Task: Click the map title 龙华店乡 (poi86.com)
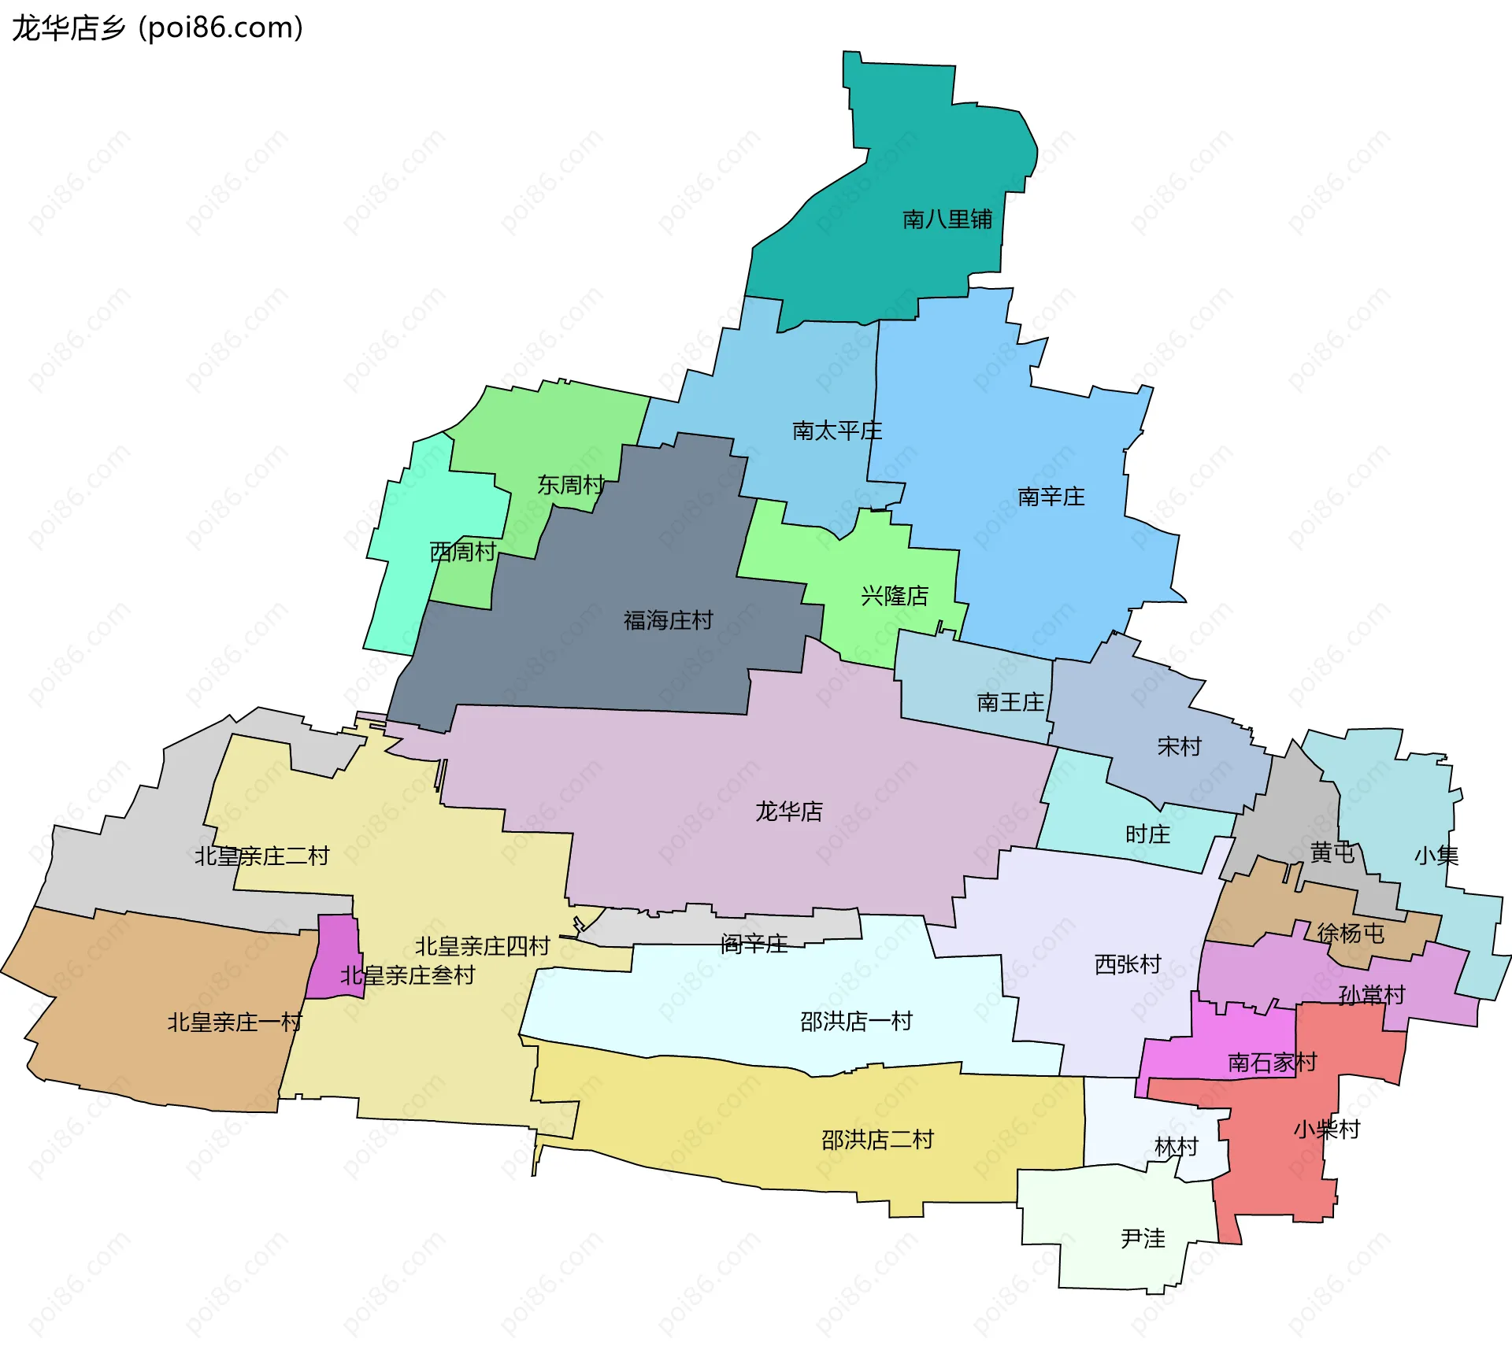[157, 28]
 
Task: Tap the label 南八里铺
[947, 220]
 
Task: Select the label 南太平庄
[837, 431]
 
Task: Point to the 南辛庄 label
[1051, 497]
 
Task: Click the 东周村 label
[571, 485]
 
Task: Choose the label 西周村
[463, 552]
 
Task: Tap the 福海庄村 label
[669, 620]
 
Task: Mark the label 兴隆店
[895, 596]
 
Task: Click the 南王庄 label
[1010, 702]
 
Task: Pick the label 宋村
[1180, 746]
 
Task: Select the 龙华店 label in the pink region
[789, 812]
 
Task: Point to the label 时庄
[1147, 834]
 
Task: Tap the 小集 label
[1436, 856]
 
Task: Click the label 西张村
[1128, 964]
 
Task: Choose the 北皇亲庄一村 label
[235, 1022]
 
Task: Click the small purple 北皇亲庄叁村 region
[335, 956]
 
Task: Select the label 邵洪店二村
[877, 1140]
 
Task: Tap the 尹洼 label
[1143, 1239]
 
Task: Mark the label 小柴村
[1327, 1130]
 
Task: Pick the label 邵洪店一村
[856, 1022]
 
